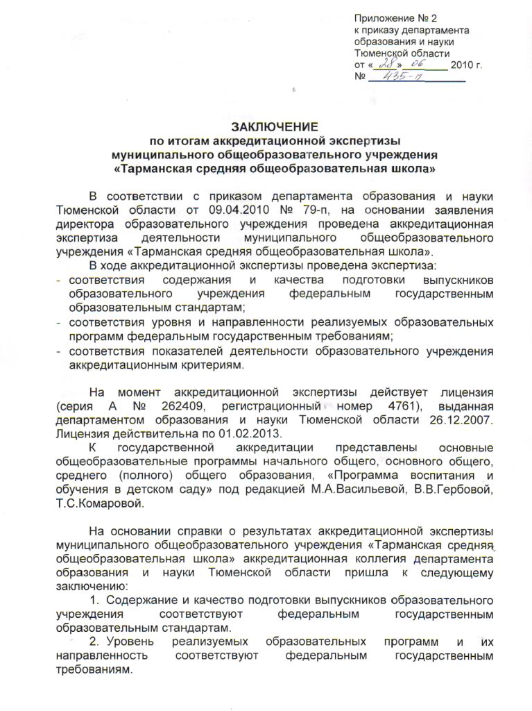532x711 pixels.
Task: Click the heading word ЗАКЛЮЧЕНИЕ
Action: point(275,126)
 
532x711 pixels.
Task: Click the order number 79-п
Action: point(316,210)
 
